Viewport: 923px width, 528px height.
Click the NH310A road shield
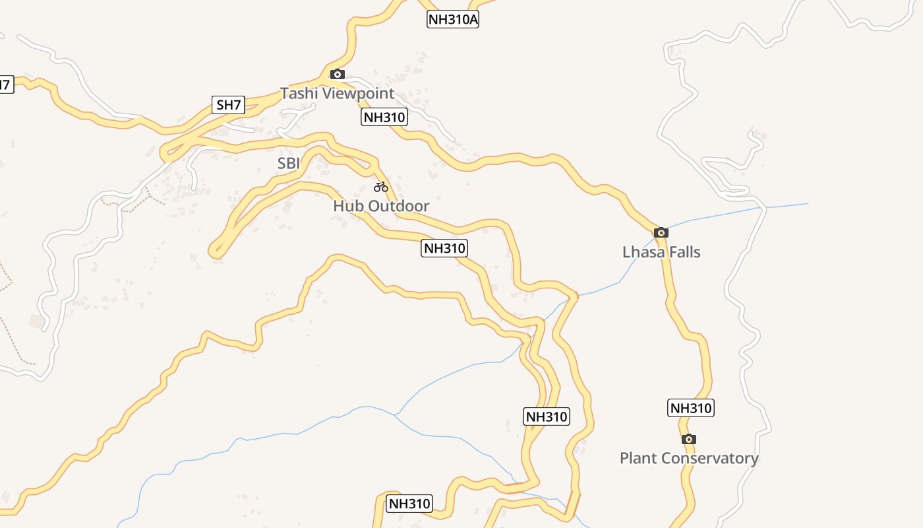(x=453, y=19)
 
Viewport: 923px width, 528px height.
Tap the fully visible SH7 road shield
(x=229, y=104)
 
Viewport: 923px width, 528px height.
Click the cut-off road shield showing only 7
(x=5, y=84)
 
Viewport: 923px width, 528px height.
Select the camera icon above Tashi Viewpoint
(x=338, y=74)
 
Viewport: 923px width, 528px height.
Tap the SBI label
(x=288, y=163)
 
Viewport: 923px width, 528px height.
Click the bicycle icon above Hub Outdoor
(x=381, y=187)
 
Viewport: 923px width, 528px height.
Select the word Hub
(x=348, y=206)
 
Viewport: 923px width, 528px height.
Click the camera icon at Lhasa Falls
(x=661, y=232)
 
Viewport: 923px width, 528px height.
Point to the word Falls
(x=684, y=251)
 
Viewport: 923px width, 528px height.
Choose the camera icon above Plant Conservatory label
(x=689, y=439)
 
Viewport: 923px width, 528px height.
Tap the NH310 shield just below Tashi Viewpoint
(x=384, y=117)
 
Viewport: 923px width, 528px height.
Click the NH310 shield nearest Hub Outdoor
(x=444, y=248)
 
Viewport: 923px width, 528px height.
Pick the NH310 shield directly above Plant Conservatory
(x=691, y=408)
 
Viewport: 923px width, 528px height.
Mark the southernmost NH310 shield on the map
(x=409, y=504)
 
